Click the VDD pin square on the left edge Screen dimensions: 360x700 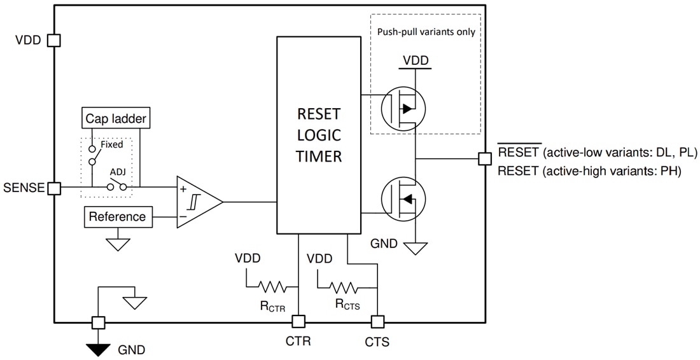pos(54,40)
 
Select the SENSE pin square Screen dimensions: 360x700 pos(54,188)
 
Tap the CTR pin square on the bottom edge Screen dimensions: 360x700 pos(298,322)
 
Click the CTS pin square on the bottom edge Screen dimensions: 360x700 pos(377,322)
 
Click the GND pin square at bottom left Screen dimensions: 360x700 pos(98,322)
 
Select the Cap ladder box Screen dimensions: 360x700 pos(116,118)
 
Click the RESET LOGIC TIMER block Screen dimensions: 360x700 pos(318,135)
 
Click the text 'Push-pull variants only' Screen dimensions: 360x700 pos(426,32)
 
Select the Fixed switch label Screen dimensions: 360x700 pos(112,144)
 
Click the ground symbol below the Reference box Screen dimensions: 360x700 pos(118,244)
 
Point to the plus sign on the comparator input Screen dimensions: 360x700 pos(183,188)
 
